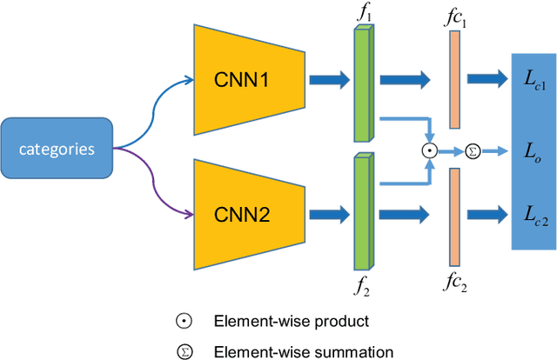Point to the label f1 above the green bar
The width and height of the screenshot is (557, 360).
pyautogui.click(x=363, y=14)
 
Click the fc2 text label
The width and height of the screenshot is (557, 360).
pyautogui.click(x=453, y=282)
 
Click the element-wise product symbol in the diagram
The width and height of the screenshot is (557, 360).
pyautogui.click(x=428, y=150)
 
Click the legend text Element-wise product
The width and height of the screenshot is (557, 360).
pyautogui.click(x=292, y=321)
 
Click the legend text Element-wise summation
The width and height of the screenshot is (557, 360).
pyautogui.click(x=304, y=350)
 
